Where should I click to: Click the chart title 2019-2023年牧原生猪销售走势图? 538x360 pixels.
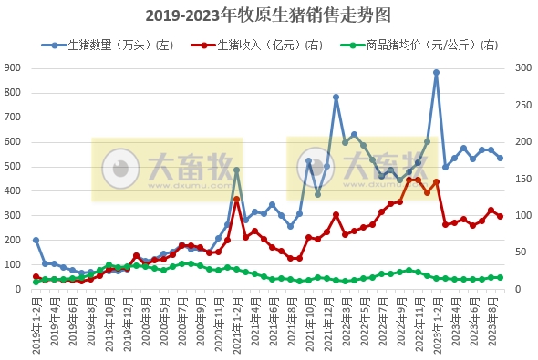tap(268, 15)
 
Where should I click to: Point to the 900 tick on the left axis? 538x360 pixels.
tap(14, 68)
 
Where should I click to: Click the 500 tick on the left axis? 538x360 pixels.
tap(14, 167)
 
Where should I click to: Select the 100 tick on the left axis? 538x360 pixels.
tap(14, 265)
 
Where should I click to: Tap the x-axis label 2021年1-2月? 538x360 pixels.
tap(235, 324)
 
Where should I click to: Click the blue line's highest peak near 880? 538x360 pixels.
tap(436, 72)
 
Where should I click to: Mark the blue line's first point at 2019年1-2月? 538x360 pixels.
tap(36, 240)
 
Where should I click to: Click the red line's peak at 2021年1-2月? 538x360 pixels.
tap(236, 199)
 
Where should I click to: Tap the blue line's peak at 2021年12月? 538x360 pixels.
tap(336, 97)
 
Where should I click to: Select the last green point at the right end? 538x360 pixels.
tap(500, 277)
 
